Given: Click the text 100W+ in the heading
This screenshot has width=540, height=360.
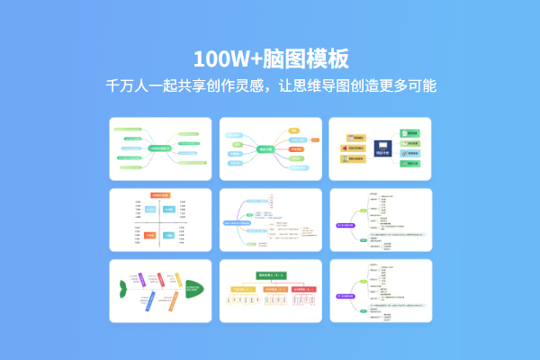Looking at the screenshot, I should click(x=223, y=59).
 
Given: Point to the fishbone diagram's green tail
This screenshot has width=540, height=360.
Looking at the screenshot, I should click(x=122, y=290).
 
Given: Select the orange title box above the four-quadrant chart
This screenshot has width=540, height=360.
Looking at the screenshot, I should click(x=160, y=194).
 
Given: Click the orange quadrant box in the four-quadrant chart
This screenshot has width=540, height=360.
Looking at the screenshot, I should click(x=150, y=236).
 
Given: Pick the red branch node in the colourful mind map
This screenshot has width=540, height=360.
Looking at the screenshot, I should click(x=295, y=148).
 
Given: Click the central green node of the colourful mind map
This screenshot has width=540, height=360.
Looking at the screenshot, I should click(x=266, y=149).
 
